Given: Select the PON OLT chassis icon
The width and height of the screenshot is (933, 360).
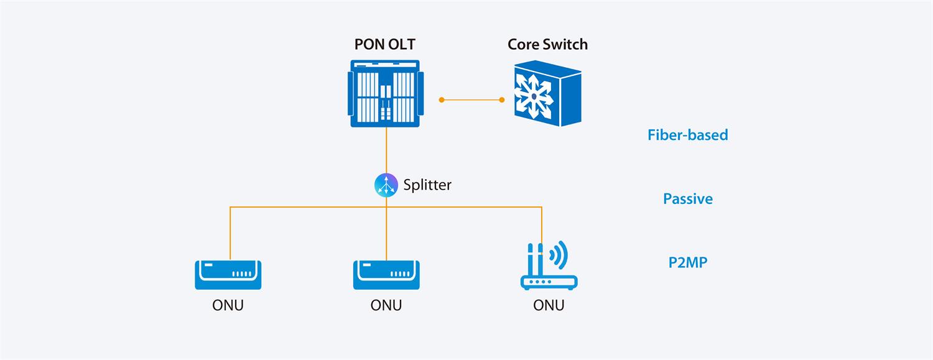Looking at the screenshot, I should pyautogui.click(x=386, y=93).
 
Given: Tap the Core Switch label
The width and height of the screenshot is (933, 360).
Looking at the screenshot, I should pyautogui.click(x=547, y=45).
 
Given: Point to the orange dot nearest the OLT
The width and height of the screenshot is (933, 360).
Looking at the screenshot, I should pyautogui.click(x=442, y=99).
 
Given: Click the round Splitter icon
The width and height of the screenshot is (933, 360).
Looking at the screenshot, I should pyautogui.click(x=386, y=185).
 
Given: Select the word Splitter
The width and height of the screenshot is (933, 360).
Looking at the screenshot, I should pyautogui.click(x=427, y=185).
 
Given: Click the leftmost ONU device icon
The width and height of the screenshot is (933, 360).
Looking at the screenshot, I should pyautogui.click(x=228, y=274).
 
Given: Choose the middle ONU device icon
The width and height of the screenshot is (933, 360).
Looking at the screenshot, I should pyautogui.click(x=386, y=274).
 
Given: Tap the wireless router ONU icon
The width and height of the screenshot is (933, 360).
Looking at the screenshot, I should pyautogui.click(x=548, y=267).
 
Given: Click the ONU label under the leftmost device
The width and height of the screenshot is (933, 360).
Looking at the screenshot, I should pyautogui.click(x=228, y=305).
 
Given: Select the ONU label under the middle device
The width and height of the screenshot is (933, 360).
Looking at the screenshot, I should pyautogui.click(x=386, y=305).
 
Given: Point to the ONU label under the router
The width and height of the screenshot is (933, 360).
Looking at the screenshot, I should pyautogui.click(x=549, y=305).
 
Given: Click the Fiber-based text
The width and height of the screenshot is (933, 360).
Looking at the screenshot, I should pyautogui.click(x=687, y=135).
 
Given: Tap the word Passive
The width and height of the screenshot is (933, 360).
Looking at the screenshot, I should pyautogui.click(x=687, y=199).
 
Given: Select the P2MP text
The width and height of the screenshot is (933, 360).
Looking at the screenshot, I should pyautogui.click(x=687, y=262).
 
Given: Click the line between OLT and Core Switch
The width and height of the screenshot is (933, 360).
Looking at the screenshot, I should pyautogui.click(x=472, y=99).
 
